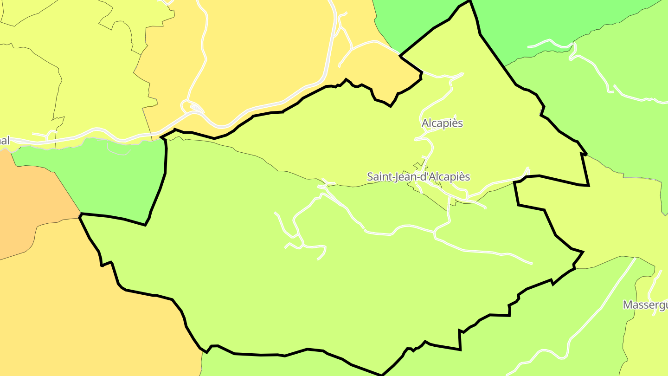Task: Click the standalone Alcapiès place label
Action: coord(442,123)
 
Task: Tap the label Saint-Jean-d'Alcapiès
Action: coord(418,177)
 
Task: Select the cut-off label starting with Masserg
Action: coord(645,305)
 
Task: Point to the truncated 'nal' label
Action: coord(5,141)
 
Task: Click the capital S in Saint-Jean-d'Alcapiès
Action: coord(370,177)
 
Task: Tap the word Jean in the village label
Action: coord(402,177)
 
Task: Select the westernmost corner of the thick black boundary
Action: coord(80,214)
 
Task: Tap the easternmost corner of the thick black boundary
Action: coord(588,185)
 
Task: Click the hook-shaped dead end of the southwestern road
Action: coord(319,258)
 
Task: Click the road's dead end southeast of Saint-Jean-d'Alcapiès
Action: coord(532,264)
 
